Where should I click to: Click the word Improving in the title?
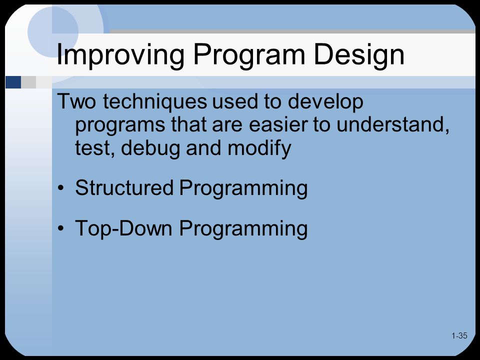120,55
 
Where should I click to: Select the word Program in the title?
249,55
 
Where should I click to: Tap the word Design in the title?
359,55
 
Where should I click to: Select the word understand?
393,125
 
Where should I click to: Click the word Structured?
124,187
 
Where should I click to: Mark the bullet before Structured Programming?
61,187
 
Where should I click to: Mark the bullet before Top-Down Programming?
61,228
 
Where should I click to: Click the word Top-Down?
123,229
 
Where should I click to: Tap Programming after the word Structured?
243,188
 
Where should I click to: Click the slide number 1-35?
459,336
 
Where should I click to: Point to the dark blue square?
13,82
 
